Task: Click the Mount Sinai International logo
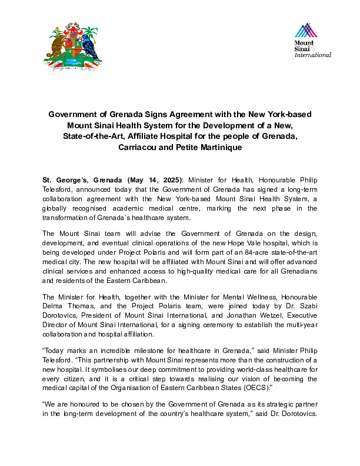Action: (312, 41)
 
